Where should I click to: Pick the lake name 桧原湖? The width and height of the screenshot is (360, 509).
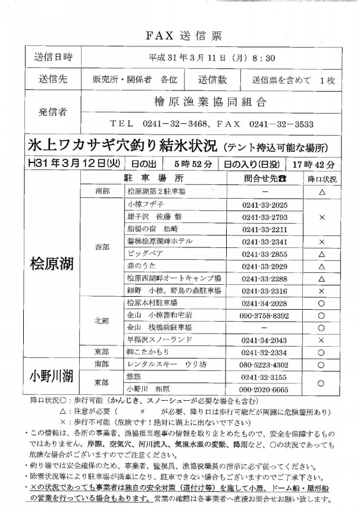[52, 263]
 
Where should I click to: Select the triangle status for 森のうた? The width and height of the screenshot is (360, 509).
[321, 266]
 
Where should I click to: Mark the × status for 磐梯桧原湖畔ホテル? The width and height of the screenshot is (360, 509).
[321, 241]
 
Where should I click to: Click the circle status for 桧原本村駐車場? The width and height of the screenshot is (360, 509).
[321, 303]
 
